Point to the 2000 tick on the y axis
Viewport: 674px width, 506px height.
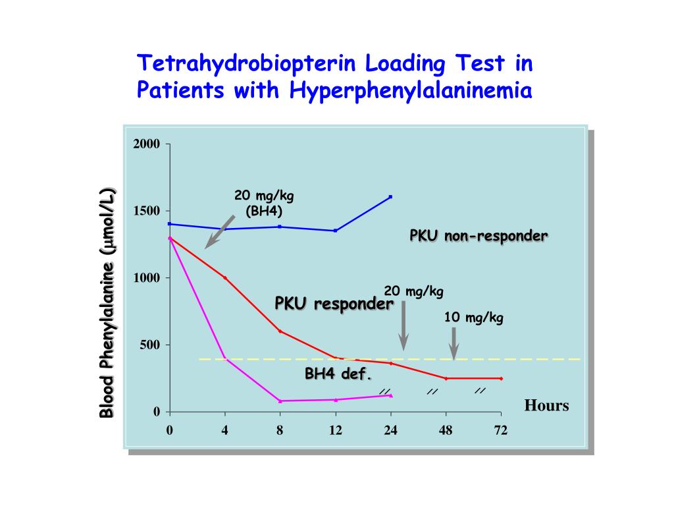(x=147, y=144)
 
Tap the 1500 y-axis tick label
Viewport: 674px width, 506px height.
(x=147, y=211)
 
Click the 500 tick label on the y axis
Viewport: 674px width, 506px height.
(x=149, y=345)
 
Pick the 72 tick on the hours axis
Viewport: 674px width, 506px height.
(x=502, y=431)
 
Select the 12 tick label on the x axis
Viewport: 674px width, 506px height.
(x=336, y=431)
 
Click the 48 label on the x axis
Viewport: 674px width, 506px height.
(x=446, y=431)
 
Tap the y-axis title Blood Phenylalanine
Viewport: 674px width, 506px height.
(x=107, y=303)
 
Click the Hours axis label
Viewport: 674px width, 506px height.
(x=546, y=405)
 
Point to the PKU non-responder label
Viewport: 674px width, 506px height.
(x=479, y=236)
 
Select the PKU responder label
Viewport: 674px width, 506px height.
(x=334, y=304)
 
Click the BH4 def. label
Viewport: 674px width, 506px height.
(x=338, y=374)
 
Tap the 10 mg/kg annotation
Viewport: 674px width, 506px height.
(x=474, y=318)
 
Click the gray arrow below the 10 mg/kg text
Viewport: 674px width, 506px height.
(x=454, y=343)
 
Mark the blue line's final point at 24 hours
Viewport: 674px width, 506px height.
(x=391, y=197)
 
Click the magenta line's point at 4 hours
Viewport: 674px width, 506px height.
(x=225, y=358)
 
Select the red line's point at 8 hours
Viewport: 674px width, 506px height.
(x=280, y=331)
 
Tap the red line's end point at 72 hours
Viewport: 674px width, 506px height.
(x=502, y=378)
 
